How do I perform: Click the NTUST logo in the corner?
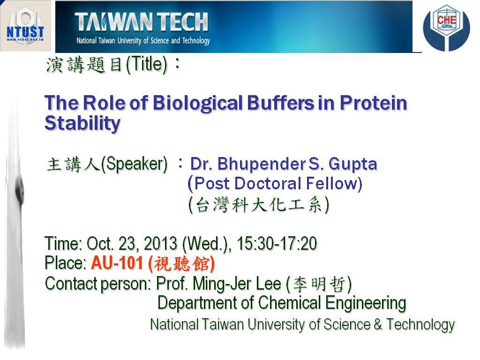tap(25, 26)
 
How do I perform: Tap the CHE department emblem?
tap(446, 28)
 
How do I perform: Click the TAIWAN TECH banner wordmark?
tap(142, 22)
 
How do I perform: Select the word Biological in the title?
tap(197, 103)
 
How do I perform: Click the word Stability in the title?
tap(82, 123)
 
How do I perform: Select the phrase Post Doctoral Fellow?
tap(278, 183)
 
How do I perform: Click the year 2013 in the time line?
tap(160, 244)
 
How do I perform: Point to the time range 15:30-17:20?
tap(277, 244)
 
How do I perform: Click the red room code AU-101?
tap(117, 262)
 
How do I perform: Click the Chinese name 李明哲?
tap(319, 284)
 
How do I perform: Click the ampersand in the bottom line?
tap(378, 324)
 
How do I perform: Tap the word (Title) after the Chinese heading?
tap(147, 65)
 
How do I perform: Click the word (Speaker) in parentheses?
tap(135, 164)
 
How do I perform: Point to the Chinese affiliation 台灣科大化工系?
tap(259, 205)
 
